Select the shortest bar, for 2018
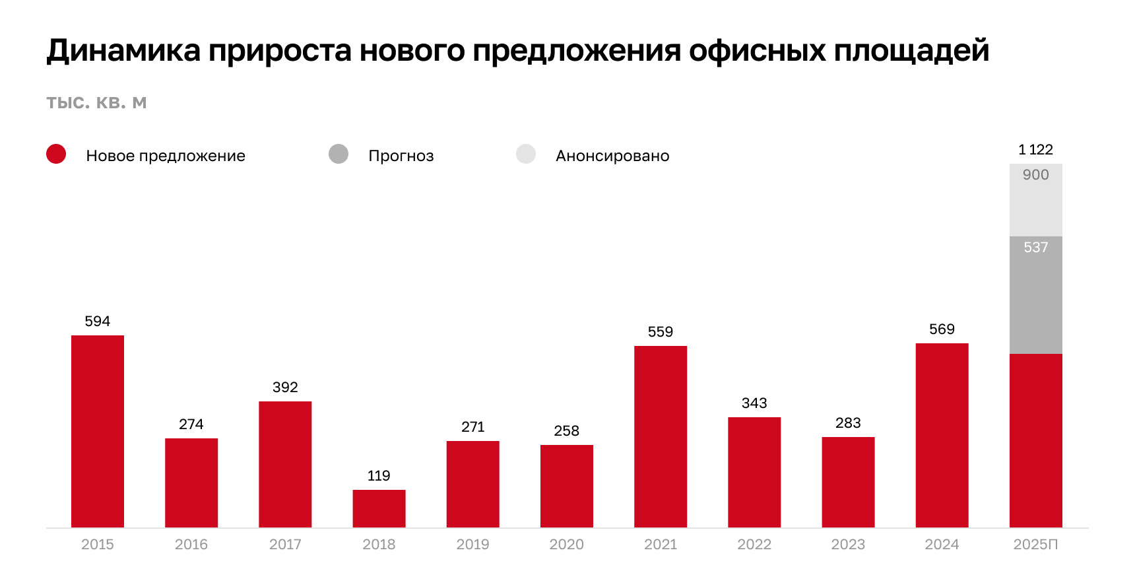point(379,508)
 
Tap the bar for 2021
point(661,436)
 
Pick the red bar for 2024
point(942,435)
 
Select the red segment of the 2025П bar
point(1035,440)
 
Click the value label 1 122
point(1035,150)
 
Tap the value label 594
point(98,322)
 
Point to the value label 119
point(379,476)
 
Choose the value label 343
point(754,403)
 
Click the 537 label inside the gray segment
point(1035,248)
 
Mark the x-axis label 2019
point(472,545)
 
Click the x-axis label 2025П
point(1035,545)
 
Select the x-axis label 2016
point(191,545)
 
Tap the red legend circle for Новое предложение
point(56,154)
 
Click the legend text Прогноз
point(401,156)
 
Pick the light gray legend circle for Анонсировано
point(526,154)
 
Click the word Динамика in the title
point(123,51)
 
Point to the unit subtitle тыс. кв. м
point(96,103)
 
